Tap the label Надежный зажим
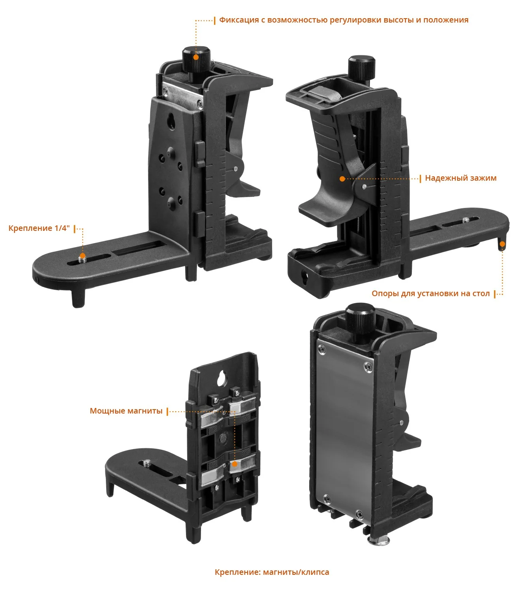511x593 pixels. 460,178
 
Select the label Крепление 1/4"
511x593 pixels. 39,229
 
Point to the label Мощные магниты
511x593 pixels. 126,411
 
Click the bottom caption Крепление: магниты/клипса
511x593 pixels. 272,572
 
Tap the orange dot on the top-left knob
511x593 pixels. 196,57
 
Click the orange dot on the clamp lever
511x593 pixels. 342,179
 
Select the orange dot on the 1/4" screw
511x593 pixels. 82,256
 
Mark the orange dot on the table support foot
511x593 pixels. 502,244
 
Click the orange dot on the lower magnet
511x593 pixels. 235,464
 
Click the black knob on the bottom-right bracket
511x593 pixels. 360,319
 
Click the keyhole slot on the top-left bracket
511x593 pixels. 172,121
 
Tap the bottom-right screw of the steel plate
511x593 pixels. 359,514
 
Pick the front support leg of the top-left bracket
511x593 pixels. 78,297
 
